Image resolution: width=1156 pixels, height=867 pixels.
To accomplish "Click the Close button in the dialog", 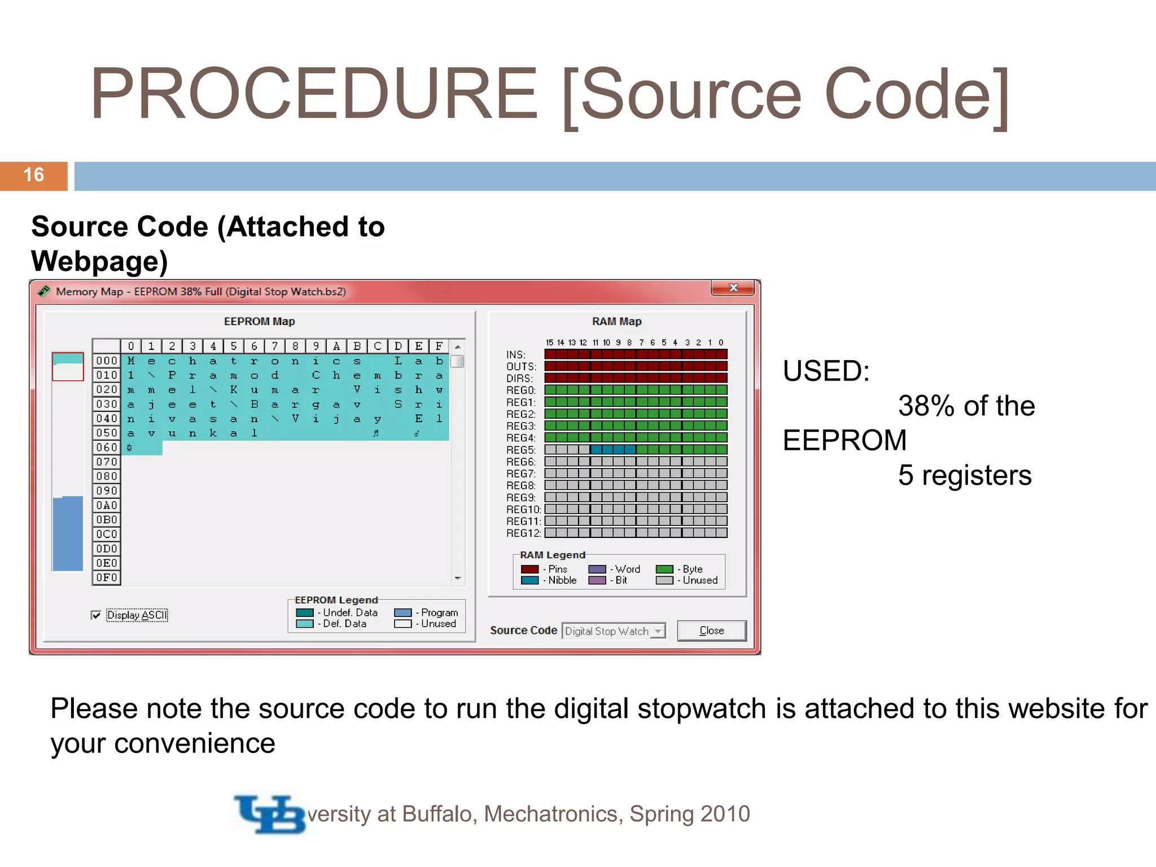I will pos(711,630).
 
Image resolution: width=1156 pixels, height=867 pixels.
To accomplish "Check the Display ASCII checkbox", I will pos(97,615).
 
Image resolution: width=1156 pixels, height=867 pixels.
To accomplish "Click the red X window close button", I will pos(733,288).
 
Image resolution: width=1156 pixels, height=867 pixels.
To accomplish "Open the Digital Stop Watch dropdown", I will pos(658,631).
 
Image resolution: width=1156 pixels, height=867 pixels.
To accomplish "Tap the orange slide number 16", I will pos(34,176).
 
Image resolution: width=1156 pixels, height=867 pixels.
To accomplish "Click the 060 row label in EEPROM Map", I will pos(106,448).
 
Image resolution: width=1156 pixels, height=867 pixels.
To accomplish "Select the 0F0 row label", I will pos(106,577).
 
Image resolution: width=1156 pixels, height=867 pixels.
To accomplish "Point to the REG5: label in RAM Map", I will pos(520,450).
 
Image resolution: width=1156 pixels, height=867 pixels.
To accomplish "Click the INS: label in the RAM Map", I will pos(516,354).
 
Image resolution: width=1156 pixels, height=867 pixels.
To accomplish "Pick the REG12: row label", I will pos(523,533).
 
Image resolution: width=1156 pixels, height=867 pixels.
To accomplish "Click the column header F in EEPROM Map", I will pos(439,346).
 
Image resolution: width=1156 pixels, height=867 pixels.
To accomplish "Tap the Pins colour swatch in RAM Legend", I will pos(529,569).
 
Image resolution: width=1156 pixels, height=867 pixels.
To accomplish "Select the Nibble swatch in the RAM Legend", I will pos(529,580).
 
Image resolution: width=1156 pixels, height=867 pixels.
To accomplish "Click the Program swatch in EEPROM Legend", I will pos(402,612).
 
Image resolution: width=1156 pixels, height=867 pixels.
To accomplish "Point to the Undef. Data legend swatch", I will pos(305,612).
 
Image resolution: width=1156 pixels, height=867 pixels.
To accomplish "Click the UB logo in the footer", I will pos(270,815).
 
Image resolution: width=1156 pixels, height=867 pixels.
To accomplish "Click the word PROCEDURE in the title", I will pos(313,94).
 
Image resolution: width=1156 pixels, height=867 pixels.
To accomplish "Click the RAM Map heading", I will pos(616,321).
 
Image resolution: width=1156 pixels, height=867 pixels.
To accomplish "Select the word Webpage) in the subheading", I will pos(99,261).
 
